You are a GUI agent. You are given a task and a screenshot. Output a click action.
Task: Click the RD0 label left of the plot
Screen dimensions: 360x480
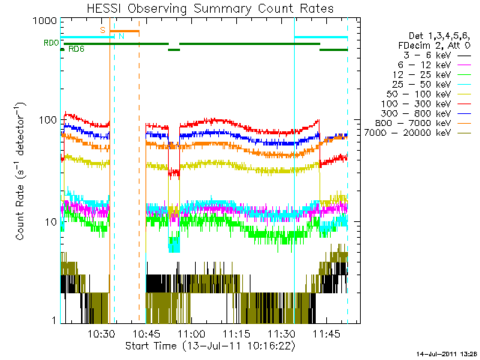point(51,43)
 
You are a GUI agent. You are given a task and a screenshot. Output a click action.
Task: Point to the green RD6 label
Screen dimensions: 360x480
point(76,49)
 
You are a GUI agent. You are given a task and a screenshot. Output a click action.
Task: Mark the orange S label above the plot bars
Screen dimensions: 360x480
point(103,30)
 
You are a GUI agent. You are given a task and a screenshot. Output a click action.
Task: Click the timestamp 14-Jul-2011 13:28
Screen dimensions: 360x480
point(447,352)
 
